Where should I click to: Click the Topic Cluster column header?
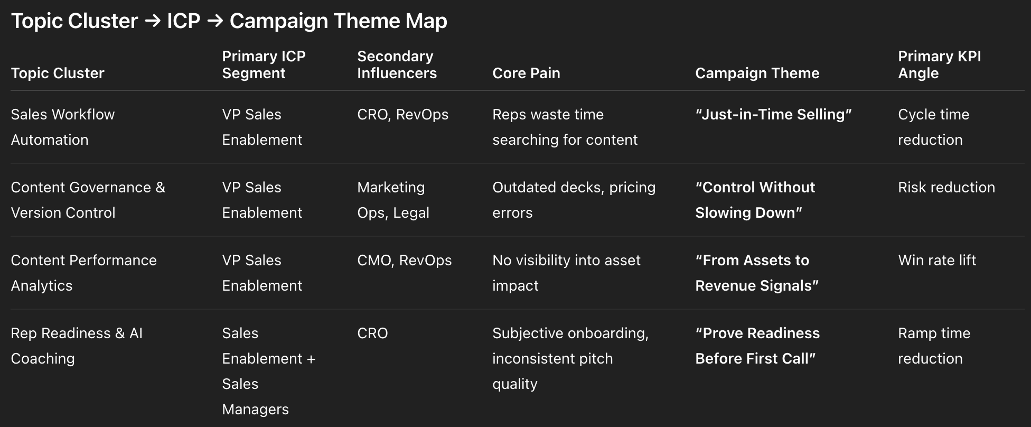58,73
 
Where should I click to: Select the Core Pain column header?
526,73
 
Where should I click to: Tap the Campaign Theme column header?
757,73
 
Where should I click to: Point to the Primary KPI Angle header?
940,64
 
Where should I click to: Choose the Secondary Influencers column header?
397,64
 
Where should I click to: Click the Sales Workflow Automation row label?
63,127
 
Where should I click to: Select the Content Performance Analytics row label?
84,273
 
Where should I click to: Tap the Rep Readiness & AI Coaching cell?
77,346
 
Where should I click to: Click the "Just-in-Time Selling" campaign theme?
774,114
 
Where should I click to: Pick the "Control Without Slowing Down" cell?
755,200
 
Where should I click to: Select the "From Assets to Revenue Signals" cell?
757,273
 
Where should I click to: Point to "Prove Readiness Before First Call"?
757,346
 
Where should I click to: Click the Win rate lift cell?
937,260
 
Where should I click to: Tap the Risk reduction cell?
946,187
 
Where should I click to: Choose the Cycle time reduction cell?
934,127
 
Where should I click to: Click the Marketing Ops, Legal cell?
393,200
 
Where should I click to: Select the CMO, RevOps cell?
405,260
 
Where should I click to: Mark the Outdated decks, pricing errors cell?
574,200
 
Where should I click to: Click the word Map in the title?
426,21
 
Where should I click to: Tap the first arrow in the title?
153,21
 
